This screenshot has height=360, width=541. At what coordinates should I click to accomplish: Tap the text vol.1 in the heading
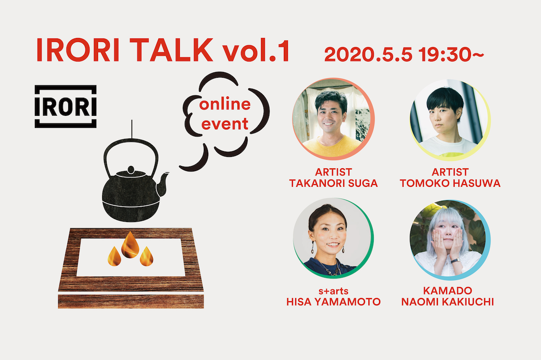pyautogui.click(x=256, y=50)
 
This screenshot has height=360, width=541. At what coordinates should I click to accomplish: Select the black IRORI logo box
pyautogui.click(x=66, y=107)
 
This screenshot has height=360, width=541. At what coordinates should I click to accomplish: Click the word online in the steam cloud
pyautogui.click(x=225, y=104)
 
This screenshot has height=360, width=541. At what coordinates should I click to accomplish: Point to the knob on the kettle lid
pyautogui.click(x=131, y=170)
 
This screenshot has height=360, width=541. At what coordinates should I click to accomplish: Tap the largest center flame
pyautogui.click(x=130, y=245)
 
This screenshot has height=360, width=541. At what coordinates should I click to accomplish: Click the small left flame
pyautogui.click(x=114, y=256)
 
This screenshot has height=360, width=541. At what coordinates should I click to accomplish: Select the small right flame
pyautogui.click(x=146, y=256)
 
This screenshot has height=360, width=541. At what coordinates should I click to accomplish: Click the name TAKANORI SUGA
pyautogui.click(x=333, y=183)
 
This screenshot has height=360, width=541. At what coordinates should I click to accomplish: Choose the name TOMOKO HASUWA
pyautogui.click(x=450, y=183)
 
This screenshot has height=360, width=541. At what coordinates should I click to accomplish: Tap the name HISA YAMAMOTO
pyautogui.click(x=333, y=302)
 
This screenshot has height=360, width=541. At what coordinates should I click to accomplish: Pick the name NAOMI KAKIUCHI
pyautogui.click(x=447, y=302)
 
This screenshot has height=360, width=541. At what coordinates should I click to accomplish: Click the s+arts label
pyautogui.click(x=333, y=291)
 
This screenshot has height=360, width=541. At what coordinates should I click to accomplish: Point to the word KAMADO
pyautogui.click(x=447, y=291)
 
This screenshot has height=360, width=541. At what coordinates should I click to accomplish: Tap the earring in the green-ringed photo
pyautogui.click(x=313, y=247)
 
